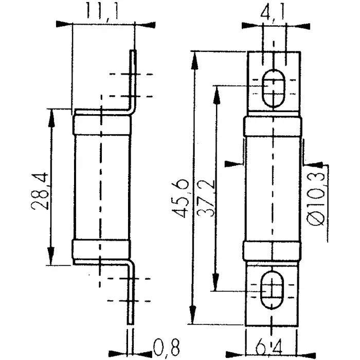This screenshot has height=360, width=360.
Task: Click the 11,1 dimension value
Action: tap(101, 11)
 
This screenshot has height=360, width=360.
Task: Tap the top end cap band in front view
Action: tap(272, 125)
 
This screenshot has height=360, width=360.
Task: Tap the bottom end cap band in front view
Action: tap(272, 251)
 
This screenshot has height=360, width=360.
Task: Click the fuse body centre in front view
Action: tap(272, 188)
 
